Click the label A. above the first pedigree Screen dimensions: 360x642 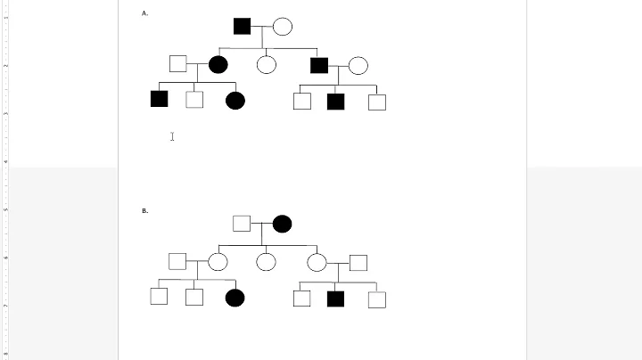point(144,13)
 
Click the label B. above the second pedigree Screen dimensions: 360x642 point(144,211)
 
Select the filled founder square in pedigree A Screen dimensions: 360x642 point(242,26)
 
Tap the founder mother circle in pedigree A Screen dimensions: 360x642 point(282,26)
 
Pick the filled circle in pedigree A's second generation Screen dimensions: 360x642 point(218,64)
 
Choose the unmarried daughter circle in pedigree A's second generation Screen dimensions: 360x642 point(266,64)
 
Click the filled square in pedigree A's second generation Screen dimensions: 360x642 point(319,64)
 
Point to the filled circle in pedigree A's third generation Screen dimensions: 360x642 point(235,100)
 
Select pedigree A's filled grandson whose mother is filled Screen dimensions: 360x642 point(160,99)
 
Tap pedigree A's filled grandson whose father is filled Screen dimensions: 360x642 point(335,101)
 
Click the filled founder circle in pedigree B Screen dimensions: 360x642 point(282,224)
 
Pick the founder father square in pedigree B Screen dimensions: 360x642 point(241,224)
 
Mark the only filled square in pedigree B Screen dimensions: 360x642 point(335,299)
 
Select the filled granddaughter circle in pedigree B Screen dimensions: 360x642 point(235,298)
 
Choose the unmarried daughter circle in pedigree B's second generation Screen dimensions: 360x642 point(266,262)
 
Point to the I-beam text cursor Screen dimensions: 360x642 point(172,136)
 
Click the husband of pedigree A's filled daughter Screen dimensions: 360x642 point(177,63)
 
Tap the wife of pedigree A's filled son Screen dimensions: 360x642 point(358,65)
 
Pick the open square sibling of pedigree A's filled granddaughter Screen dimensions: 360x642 point(194,100)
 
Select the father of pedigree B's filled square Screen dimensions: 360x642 point(358,262)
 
